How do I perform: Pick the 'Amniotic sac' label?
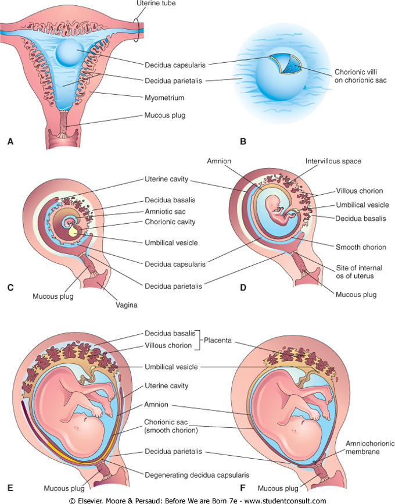click(163, 211)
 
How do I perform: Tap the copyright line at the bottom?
click(198, 499)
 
